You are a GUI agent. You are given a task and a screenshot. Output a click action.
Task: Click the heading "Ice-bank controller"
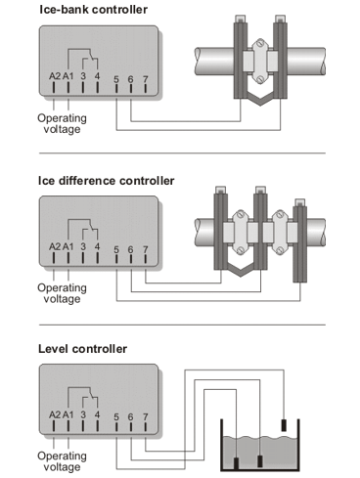pos(93,10)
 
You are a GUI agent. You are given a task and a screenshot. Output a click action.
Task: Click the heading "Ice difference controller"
pos(107,181)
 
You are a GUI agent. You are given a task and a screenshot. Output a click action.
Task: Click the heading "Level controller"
pos(82,349)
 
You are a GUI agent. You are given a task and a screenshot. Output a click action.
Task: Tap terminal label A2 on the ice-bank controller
pos(55,76)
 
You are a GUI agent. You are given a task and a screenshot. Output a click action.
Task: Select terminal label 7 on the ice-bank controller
pos(146,79)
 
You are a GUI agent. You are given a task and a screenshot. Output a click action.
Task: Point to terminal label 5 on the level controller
pos(116,417)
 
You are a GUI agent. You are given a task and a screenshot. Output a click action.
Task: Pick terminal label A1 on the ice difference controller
pos(68,247)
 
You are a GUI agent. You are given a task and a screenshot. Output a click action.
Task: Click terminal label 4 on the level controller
pos(97,414)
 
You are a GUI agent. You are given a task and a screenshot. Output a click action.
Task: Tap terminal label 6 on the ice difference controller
pos(130,249)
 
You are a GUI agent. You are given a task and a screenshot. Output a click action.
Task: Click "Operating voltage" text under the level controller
pos(62,461)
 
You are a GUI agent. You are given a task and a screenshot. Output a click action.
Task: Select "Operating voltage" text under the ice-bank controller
pos(62,123)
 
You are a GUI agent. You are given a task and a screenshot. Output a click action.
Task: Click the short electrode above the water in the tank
pos(284,425)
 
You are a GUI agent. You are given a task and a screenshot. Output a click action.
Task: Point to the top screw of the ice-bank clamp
pos(260,43)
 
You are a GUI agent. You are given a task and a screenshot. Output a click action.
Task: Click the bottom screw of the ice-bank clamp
pos(260,79)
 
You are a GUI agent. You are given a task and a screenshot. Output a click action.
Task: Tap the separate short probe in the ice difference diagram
pos(300,241)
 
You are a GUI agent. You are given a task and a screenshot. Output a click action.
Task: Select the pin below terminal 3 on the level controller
pos(83,426)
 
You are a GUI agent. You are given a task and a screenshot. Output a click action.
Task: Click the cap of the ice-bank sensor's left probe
pos(241,19)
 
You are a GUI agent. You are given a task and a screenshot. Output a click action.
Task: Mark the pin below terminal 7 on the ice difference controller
pos(146,258)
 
